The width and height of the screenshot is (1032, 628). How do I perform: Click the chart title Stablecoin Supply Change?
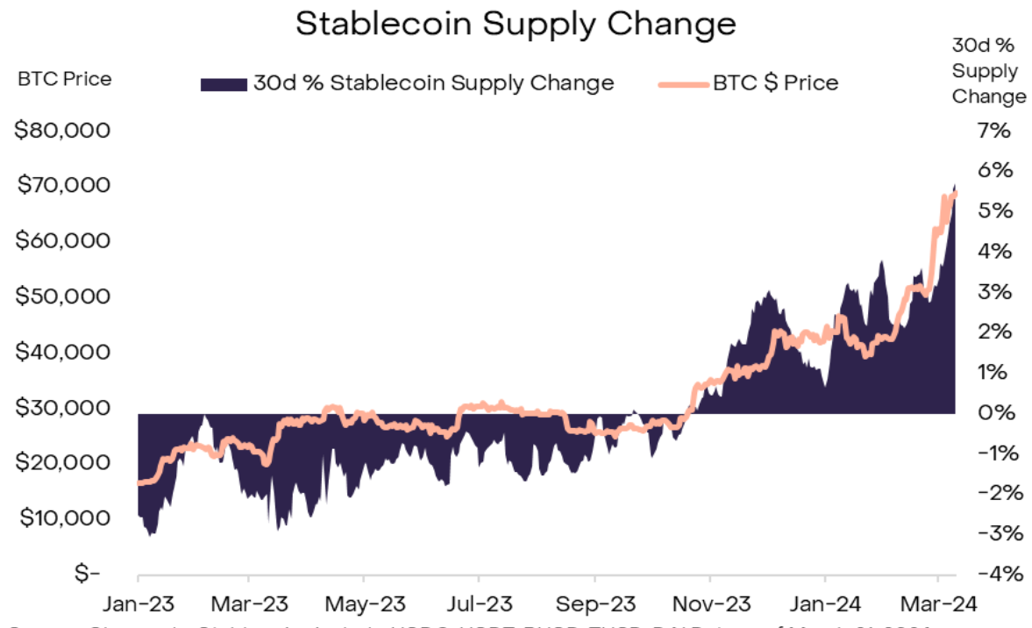(516, 24)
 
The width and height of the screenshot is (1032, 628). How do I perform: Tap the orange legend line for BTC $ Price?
(681, 84)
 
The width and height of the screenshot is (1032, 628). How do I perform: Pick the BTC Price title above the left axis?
(64, 79)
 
